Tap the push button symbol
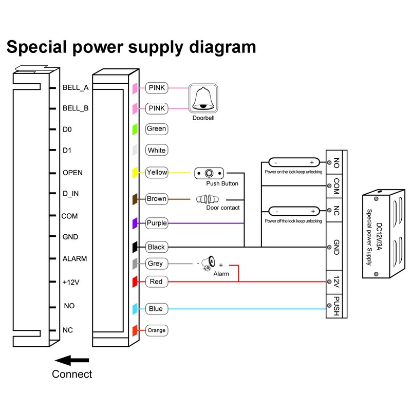(x=209, y=173)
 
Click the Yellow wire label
(x=156, y=172)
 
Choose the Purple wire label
(x=156, y=223)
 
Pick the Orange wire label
(x=156, y=330)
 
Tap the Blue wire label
(x=156, y=309)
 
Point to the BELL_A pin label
(x=76, y=88)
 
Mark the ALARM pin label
(x=74, y=258)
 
